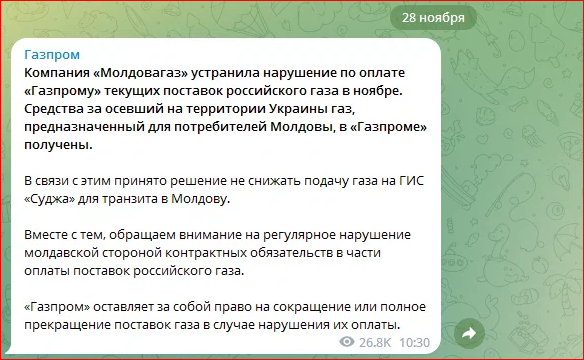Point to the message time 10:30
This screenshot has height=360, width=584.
[x=414, y=342]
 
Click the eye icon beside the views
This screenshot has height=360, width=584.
[x=347, y=342]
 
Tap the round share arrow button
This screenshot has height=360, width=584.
[x=467, y=332]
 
